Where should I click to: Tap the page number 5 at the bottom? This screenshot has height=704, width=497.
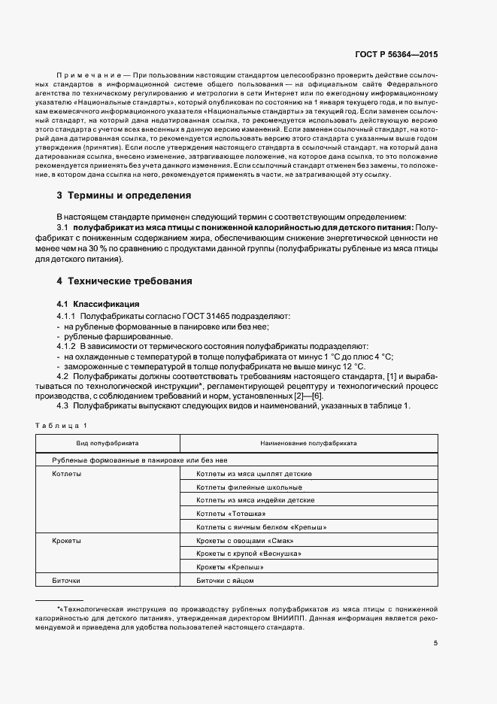[x=435, y=643]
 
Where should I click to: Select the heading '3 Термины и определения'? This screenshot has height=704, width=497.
[x=124, y=196]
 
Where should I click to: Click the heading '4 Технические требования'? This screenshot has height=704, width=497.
[x=124, y=281]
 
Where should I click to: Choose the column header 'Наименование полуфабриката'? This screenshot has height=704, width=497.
[x=308, y=444]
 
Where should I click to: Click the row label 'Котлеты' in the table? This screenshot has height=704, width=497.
[x=67, y=474]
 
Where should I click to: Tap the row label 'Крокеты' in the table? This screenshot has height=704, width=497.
[x=67, y=541]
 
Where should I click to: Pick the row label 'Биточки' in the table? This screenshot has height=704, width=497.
[x=66, y=581]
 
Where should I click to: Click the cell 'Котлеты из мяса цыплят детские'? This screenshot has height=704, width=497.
[x=253, y=474]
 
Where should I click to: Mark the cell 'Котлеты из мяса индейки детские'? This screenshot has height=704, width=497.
[x=255, y=500]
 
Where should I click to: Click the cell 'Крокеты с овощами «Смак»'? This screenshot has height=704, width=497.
[x=244, y=541]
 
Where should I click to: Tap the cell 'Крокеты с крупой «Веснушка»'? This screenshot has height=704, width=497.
[x=248, y=554]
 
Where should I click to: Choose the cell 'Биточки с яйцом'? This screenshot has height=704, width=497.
[x=225, y=581]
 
